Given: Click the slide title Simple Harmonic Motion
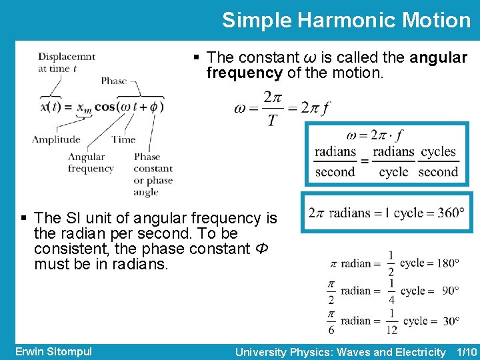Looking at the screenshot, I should (x=346, y=20).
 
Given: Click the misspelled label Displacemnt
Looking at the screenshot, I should (x=67, y=57).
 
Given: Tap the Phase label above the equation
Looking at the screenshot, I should (x=114, y=81).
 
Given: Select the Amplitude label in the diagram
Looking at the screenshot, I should (x=56, y=139).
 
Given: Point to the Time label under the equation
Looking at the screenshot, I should (x=123, y=139).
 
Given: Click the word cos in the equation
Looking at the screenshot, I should (x=105, y=106).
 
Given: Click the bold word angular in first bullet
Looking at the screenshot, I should (x=439, y=58).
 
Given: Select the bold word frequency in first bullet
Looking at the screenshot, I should (x=244, y=73).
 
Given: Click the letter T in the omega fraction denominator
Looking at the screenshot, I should (x=273, y=120).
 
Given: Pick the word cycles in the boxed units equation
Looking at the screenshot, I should (x=439, y=152).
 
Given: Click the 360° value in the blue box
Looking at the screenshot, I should (x=452, y=213).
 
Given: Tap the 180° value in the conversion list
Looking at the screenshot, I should (x=447, y=263).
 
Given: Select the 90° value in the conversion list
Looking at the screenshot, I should (x=449, y=291).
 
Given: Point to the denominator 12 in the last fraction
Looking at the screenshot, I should (x=391, y=329).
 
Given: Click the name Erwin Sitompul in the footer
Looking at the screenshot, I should (x=53, y=351).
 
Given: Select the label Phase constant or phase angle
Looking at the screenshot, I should (x=153, y=175).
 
